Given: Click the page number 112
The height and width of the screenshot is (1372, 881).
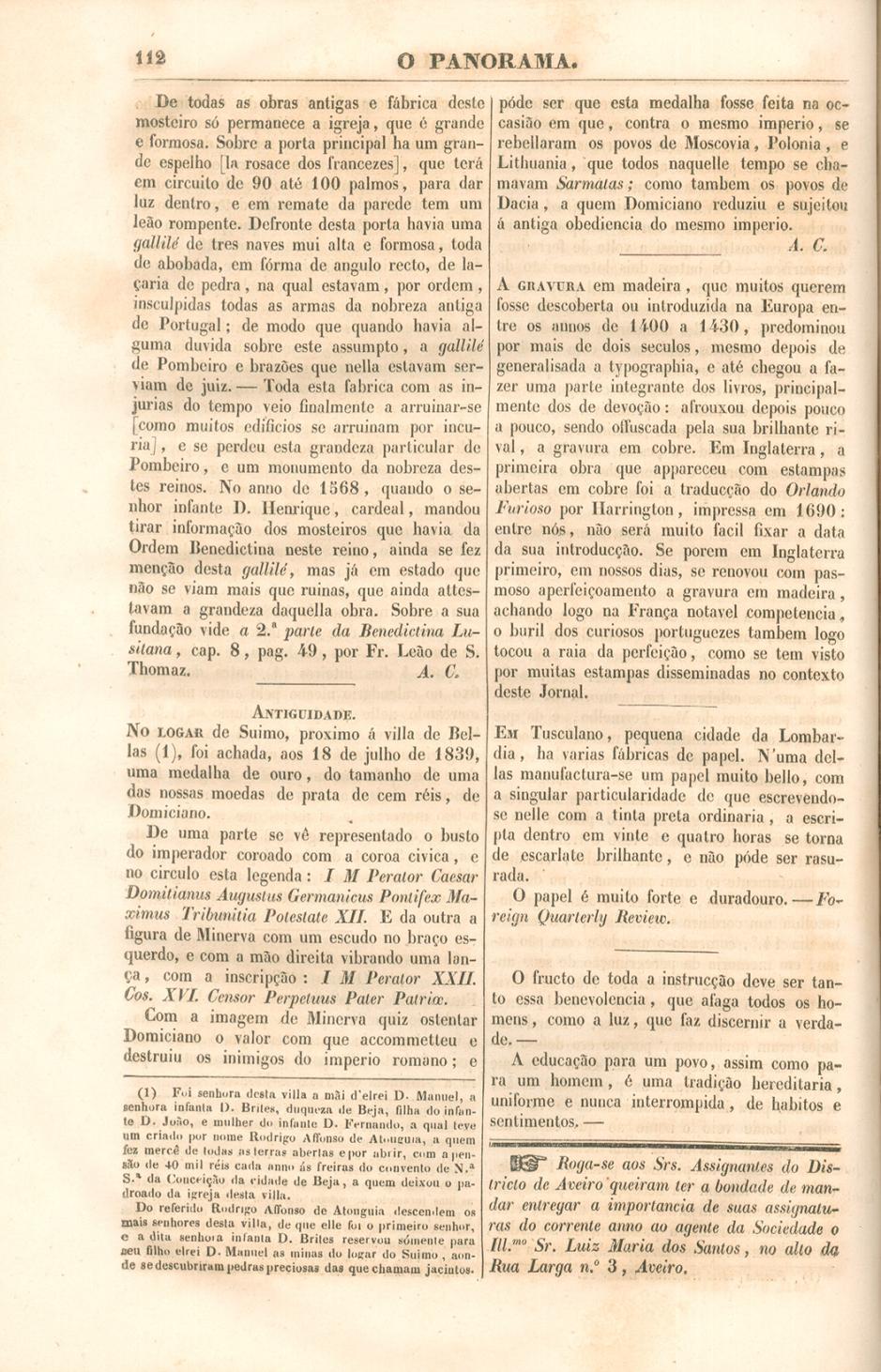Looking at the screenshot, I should click(x=149, y=58).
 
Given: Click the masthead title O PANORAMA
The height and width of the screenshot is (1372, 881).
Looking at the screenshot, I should click(x=485, y=62).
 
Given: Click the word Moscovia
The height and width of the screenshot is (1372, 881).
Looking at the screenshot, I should click(x=703, y=144).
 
